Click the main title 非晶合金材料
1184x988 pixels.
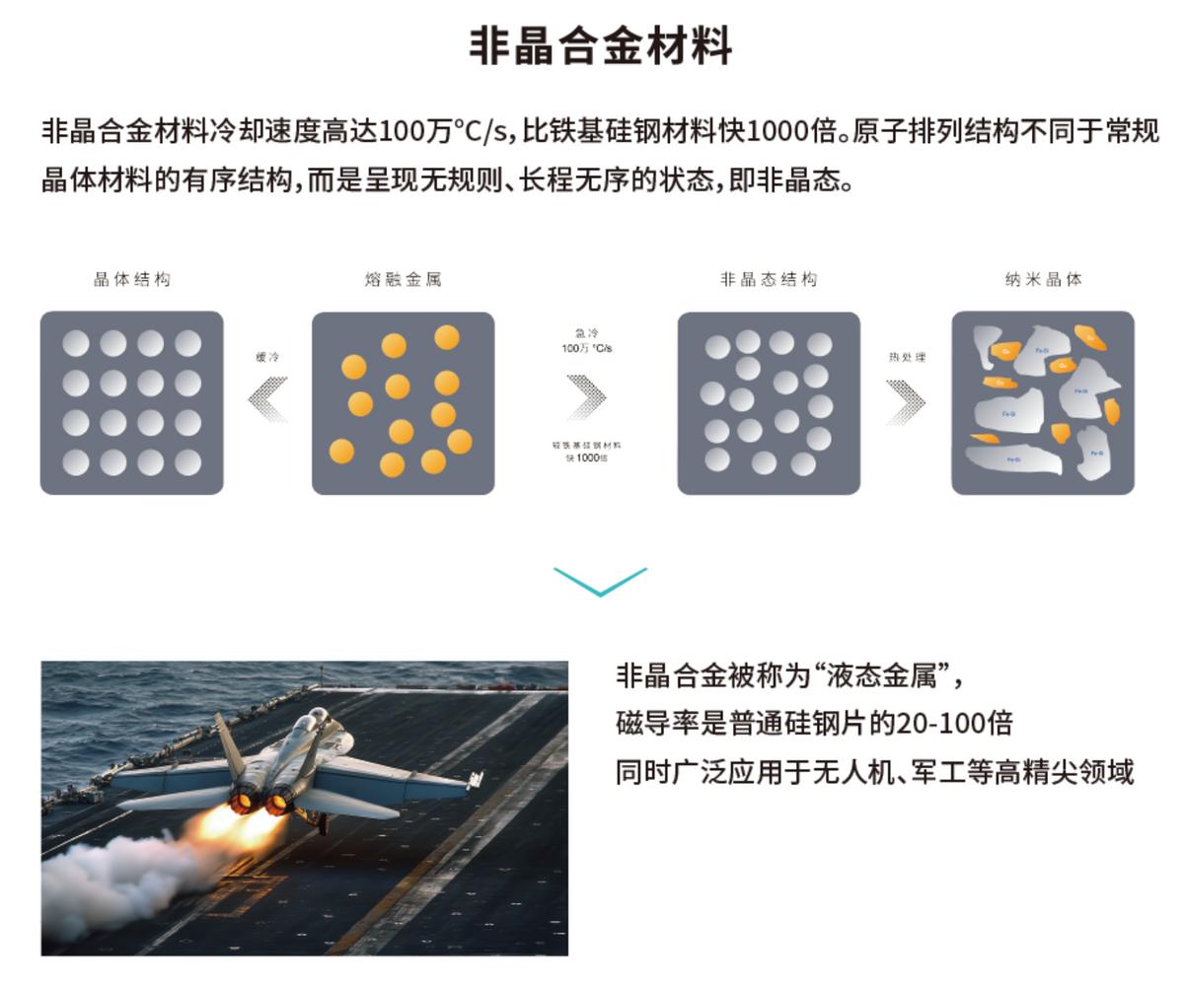pyautogui.click(x=600, y=46)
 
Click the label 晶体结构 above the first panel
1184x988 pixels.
pyautogui.click(x=132, y=279)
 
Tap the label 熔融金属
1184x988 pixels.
pyautogui.click(x=403, y=279)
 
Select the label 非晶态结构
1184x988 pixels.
pyautogui.click(x=769, y=279)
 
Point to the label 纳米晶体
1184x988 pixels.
pyautogui.click(x=1043, y=279)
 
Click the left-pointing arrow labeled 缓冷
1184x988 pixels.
pyautogui.click(x=267, y=398)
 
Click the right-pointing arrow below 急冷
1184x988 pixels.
pyautogui.click(x=587, y=397)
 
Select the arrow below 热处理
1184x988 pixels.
pyautogui.click(x=906, y=401)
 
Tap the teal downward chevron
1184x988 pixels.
pyautogui.click(x=600, y=581)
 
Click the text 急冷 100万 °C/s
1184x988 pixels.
pyautogui.click(x=587, y=341)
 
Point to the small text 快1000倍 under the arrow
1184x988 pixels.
pyautogui.click(x=587, y=458)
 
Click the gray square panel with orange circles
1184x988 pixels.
pyautogui.click(x=403, y=403)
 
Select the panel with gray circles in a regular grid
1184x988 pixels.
pyautogui.click(x=132, y=403)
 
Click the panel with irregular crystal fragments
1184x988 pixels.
pyautogui.click(x=1043, y=403)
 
